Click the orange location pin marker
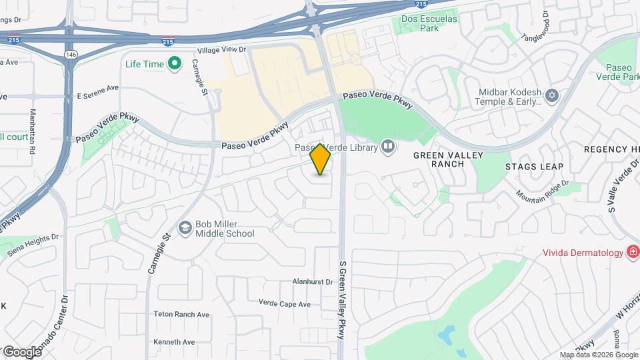321,159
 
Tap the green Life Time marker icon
175,64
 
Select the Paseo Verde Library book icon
387,146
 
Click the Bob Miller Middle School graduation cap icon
185,229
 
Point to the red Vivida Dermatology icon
631,253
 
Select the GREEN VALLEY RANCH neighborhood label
438,159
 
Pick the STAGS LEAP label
534,167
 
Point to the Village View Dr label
221,50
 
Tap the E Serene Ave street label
97,87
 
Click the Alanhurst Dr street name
312,282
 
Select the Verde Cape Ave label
285,304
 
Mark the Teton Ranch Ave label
181,315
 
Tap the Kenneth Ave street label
174,342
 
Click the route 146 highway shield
69,53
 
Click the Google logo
21,351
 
